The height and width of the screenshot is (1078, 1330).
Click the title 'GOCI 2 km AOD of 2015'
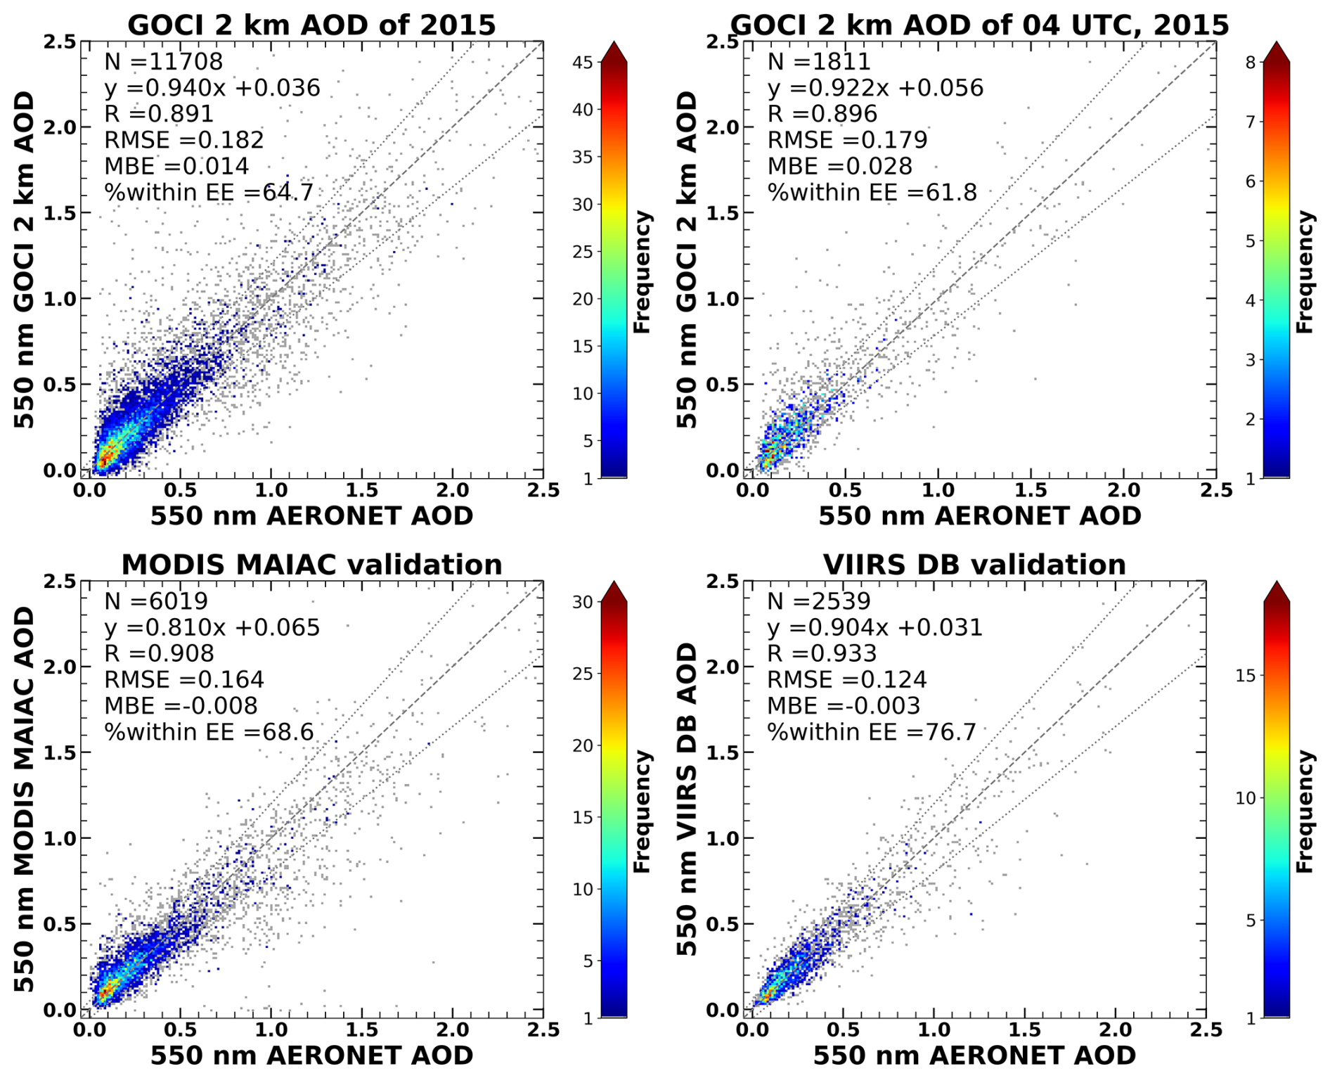[x=311, y=25]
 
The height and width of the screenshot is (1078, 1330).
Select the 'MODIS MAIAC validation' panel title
[x=311, y=565]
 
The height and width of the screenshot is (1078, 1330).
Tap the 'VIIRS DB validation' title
[x=974, y=565]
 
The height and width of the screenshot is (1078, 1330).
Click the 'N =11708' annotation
[x=163, y=62]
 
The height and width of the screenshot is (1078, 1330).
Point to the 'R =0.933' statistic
[x=822, y=654]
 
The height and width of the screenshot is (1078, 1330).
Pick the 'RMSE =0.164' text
[x=184, y=680]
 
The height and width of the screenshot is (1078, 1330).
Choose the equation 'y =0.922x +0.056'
[x=875, y=88]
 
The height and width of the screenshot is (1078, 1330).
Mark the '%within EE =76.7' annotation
[x=872, y=732]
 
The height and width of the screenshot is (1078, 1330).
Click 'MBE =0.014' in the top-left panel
[x=176, y=166]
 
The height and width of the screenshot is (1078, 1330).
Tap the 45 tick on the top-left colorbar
[x=583, y=63]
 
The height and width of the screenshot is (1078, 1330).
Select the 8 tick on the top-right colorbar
[x=1251, y=63]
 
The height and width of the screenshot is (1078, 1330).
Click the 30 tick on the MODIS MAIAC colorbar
[x=583, y=602]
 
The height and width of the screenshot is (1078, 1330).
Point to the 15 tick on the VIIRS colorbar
[x=1245, y=676]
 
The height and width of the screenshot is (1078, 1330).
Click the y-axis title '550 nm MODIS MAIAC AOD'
[x=25, y=800]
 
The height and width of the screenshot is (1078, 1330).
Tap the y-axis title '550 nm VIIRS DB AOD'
[x=687, y=800]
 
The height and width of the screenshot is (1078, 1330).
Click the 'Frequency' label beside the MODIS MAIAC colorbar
[x=642, y=811]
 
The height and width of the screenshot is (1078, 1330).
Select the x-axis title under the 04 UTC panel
[x=979, y=516]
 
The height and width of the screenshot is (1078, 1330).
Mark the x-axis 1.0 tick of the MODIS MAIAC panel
[x=271, y=1030]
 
